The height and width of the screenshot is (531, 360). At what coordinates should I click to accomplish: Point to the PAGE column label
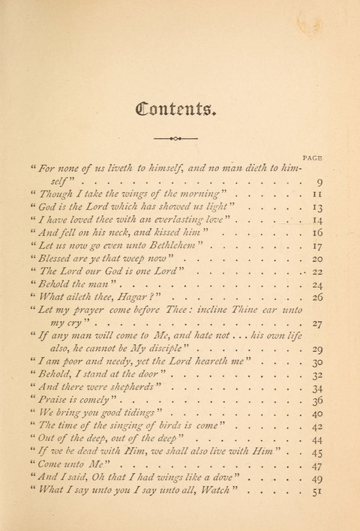313,157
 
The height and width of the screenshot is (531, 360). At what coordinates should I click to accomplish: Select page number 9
319,182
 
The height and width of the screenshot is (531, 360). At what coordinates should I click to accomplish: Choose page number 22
317,271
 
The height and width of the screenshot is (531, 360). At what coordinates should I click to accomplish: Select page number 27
317,323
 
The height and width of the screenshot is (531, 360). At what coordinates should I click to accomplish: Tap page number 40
317,414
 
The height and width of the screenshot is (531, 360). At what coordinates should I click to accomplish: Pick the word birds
169,426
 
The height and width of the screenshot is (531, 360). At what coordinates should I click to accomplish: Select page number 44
317,439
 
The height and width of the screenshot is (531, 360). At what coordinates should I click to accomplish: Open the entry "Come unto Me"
71,465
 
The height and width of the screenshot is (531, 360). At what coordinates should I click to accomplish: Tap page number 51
317,492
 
